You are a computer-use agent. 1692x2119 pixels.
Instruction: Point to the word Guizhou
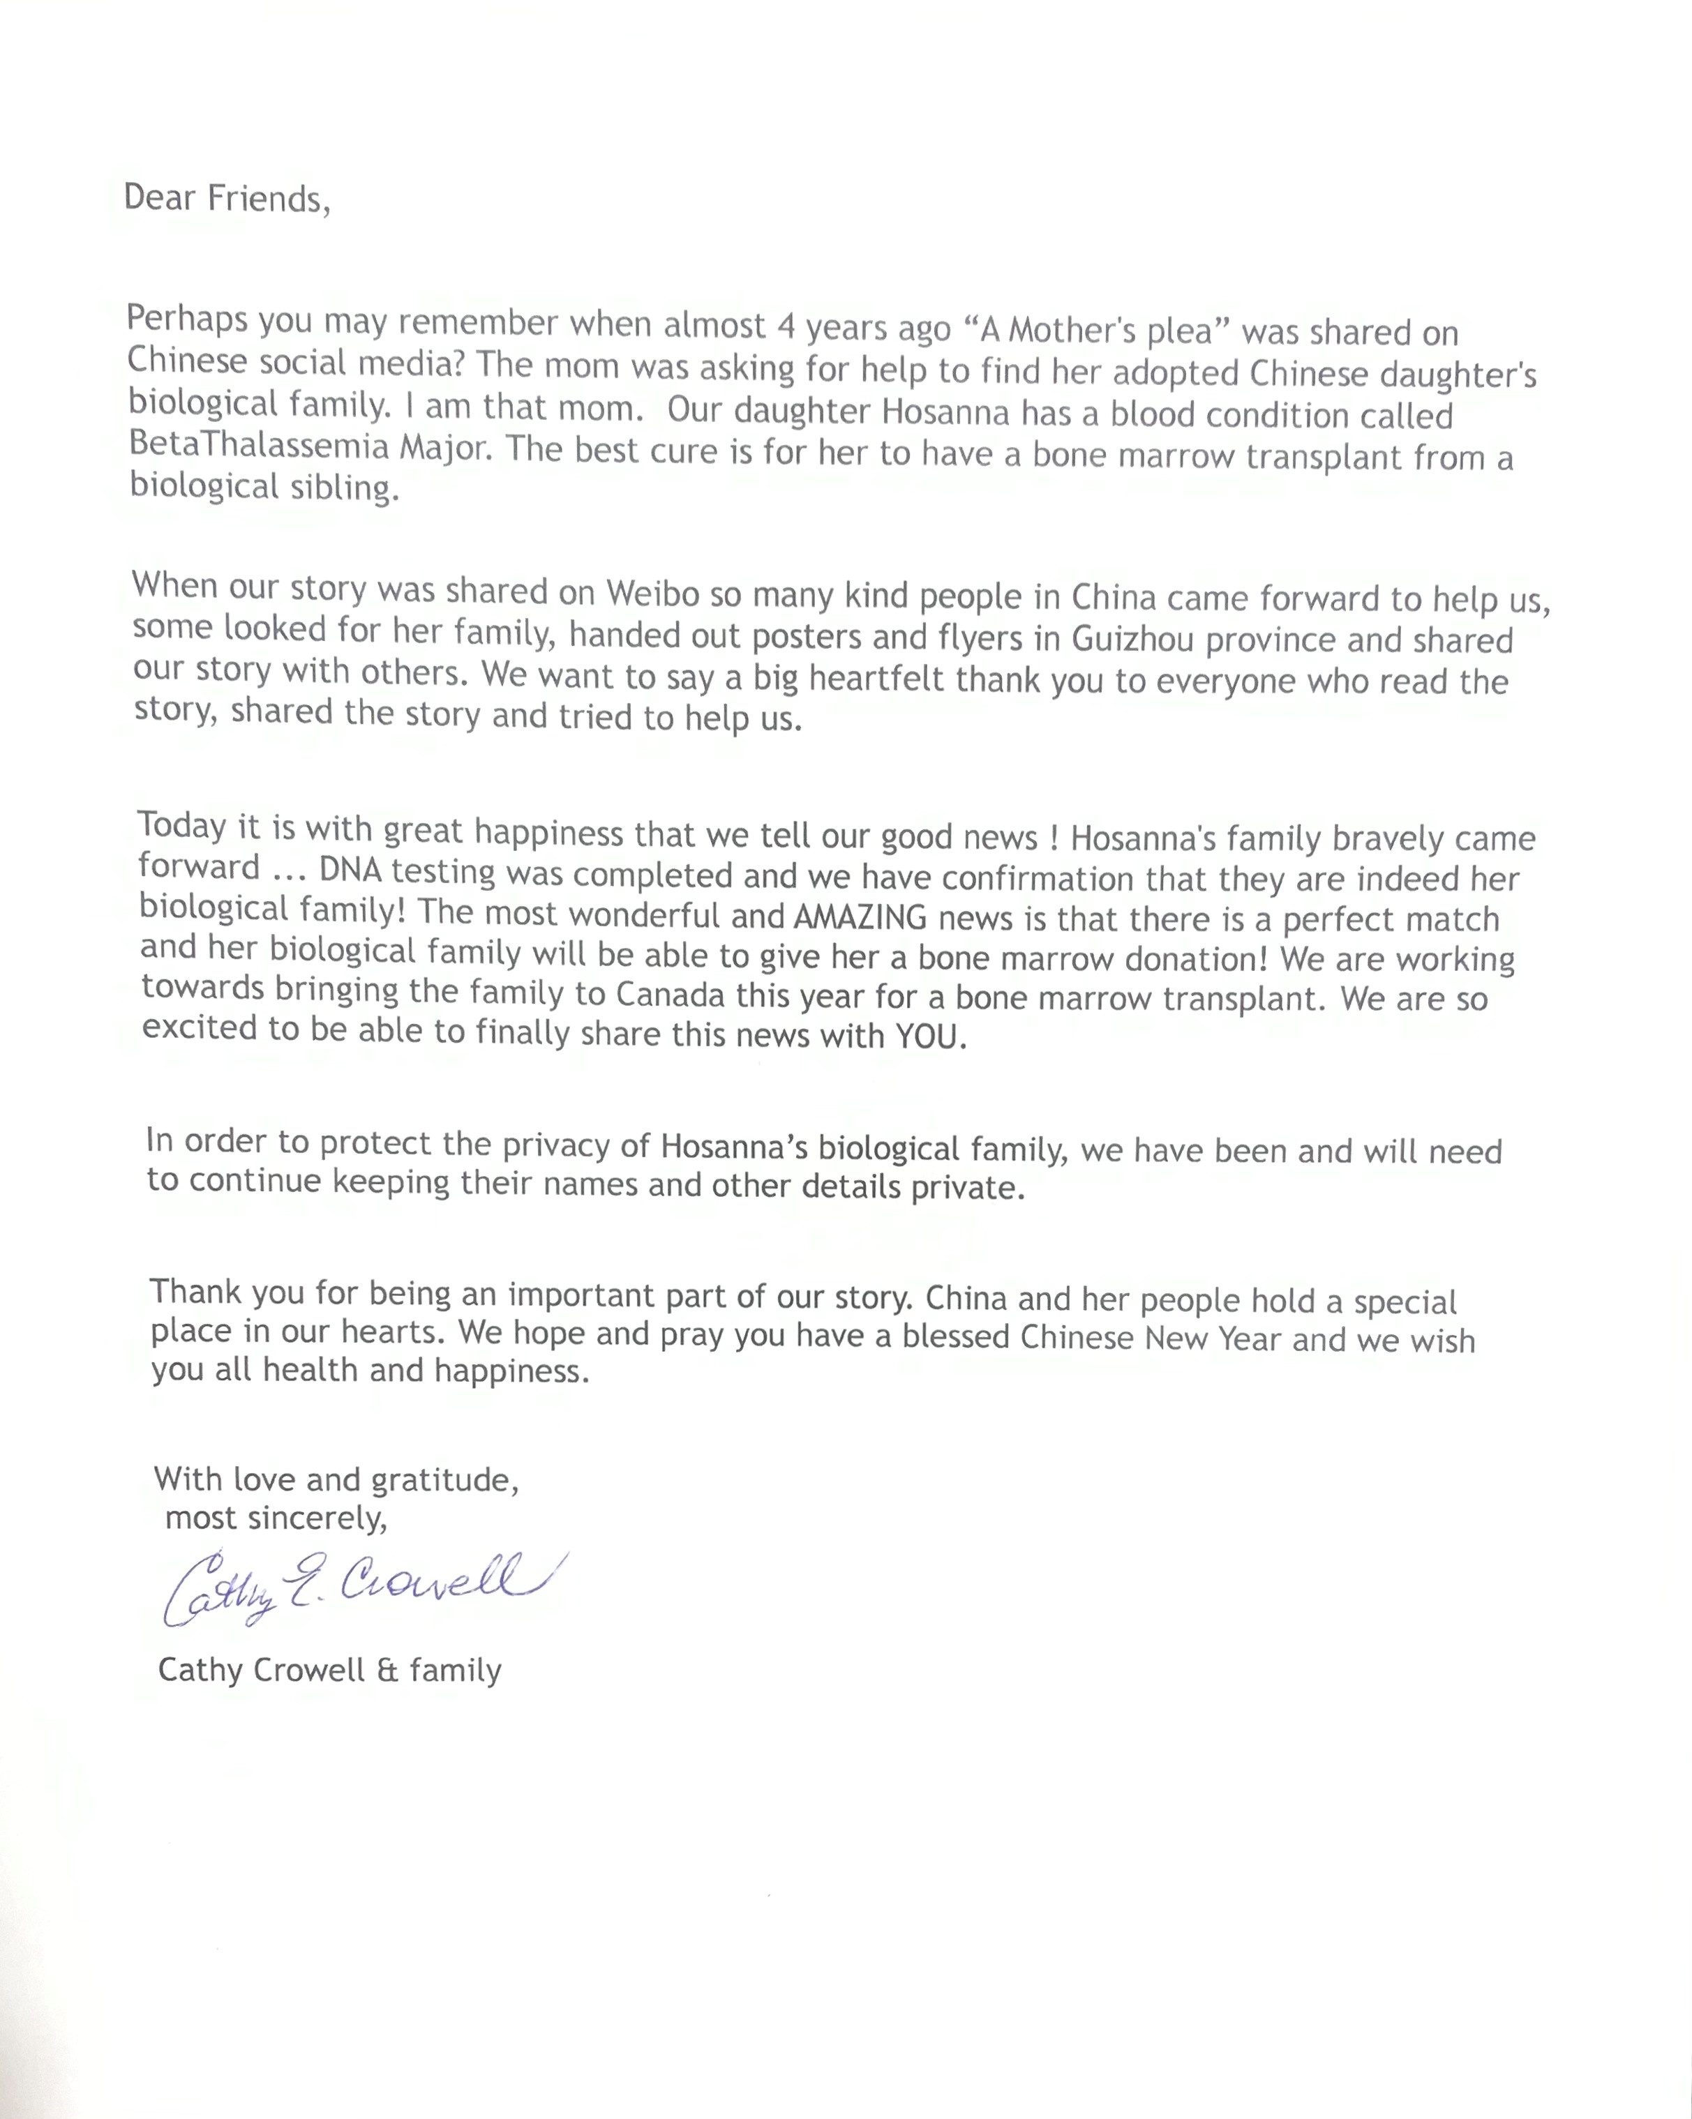coord(1132,639)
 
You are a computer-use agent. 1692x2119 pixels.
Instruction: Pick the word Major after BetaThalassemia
coord(442,448)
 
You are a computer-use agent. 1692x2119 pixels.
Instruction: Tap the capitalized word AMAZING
coord(860,917)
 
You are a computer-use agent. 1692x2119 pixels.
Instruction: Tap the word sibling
coord(347,488)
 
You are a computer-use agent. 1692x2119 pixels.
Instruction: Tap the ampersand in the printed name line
coord(387,1670)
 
